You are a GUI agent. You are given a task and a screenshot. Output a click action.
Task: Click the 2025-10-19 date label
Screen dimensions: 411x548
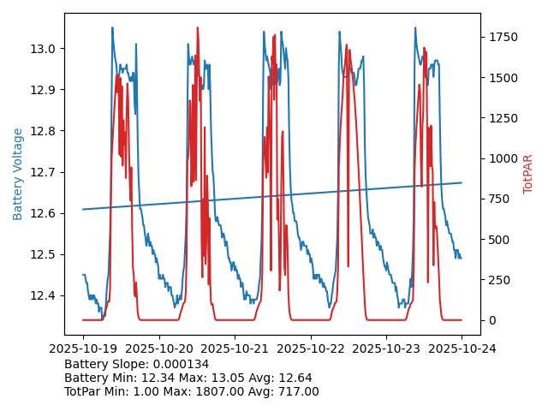point(83,348)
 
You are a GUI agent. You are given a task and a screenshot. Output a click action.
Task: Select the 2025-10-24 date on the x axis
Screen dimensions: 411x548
point(462,348)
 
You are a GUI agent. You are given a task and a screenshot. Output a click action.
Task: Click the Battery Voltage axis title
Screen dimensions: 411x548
point(18,174)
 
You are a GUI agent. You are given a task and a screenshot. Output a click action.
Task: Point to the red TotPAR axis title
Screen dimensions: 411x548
point(528,174)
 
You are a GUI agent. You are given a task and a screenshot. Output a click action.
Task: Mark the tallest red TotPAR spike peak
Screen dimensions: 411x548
point(198,28)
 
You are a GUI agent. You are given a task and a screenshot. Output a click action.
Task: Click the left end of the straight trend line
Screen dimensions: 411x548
point(83,209)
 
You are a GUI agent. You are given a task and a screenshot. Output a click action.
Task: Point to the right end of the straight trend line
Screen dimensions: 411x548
point(462,182)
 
